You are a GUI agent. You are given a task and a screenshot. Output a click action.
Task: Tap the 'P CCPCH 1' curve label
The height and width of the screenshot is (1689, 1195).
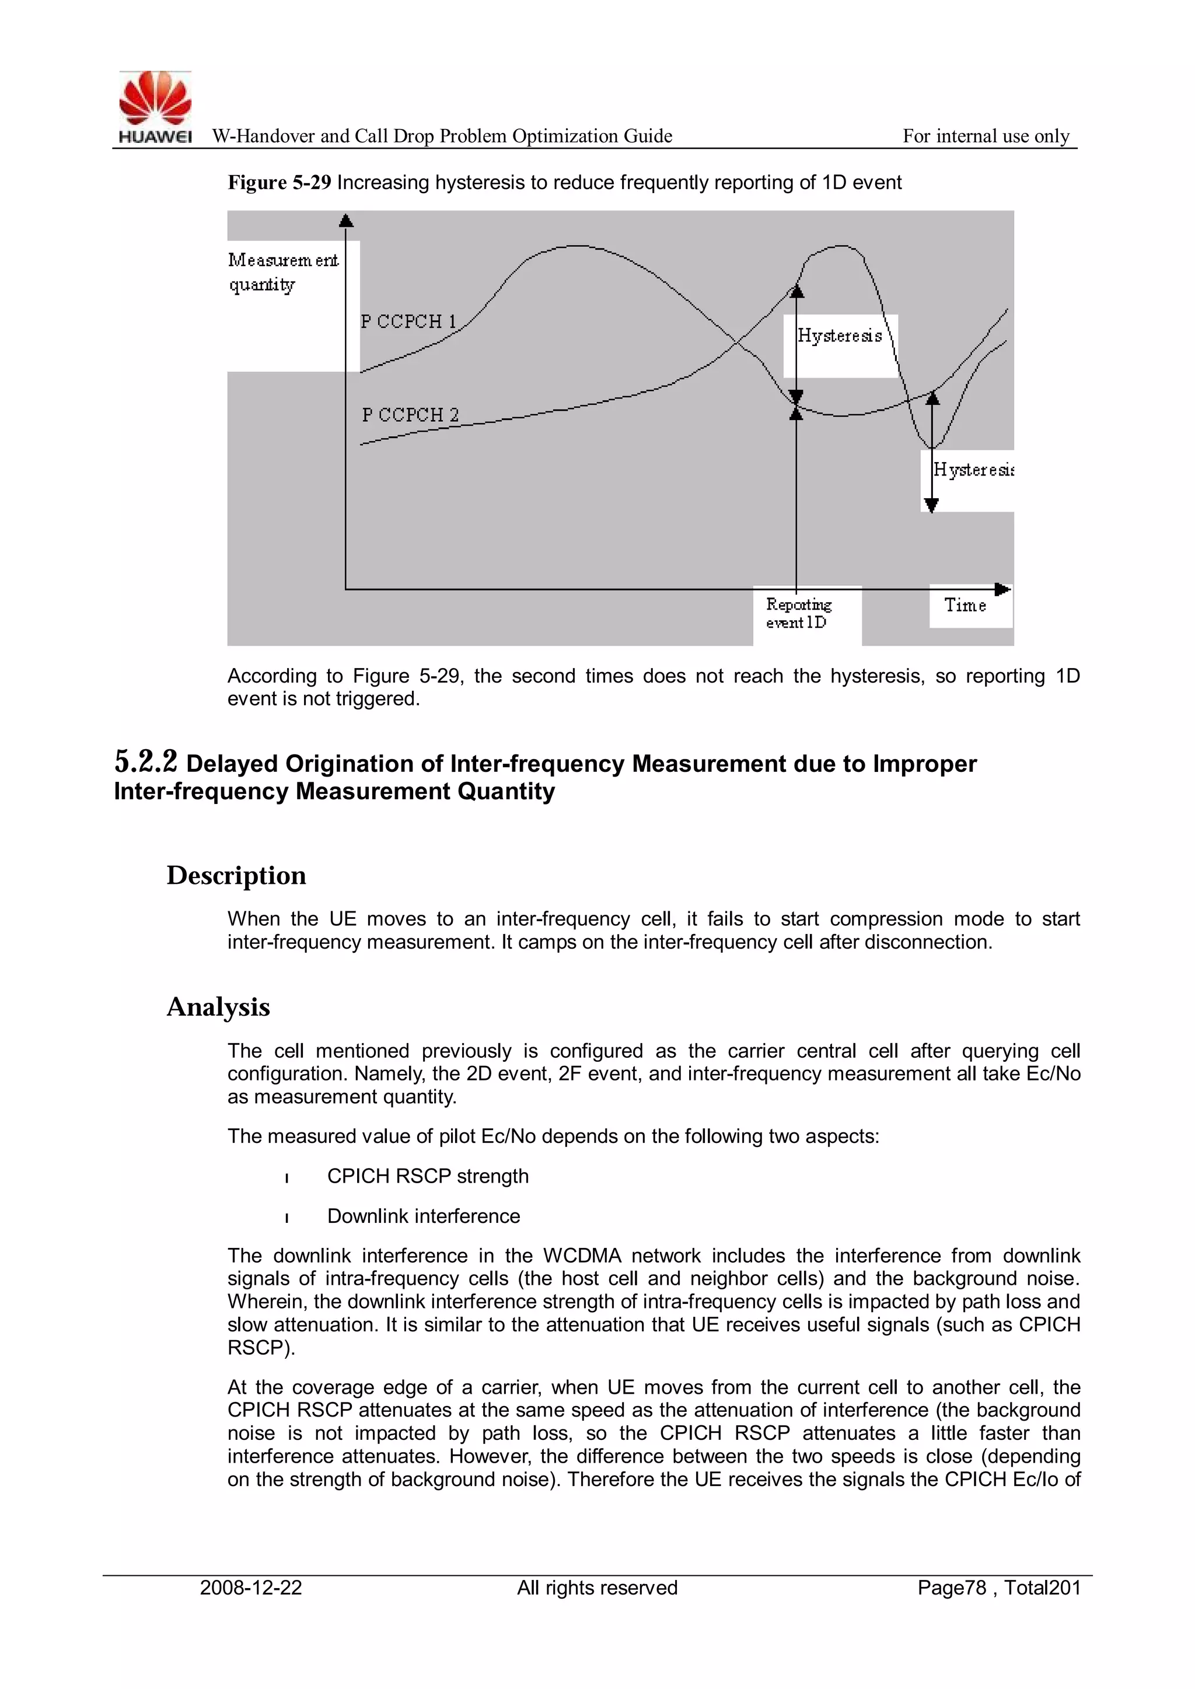click(408, 321)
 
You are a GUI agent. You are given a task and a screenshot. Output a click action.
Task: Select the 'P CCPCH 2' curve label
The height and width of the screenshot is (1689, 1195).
click(410, 415)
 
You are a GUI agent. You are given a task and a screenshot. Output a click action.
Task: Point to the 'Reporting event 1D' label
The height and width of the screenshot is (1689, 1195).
click(798, 613)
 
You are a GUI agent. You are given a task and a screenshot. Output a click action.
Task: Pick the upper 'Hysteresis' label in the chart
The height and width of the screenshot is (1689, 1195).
click(840, 336)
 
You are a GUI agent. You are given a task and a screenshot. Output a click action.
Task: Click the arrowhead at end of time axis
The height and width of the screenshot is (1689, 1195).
click(1002, 589)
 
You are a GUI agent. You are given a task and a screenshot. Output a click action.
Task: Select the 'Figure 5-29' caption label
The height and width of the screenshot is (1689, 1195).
click(279, 183)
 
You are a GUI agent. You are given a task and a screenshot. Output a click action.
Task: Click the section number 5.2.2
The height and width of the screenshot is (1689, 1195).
click(146, 762)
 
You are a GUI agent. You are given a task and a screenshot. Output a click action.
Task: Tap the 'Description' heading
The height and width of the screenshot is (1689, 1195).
click(236, 875)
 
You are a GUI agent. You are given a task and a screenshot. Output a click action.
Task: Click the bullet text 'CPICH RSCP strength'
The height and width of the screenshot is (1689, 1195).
click(428, 1176)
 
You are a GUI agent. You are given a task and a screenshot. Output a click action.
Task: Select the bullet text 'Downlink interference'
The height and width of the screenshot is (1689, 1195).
click(423, 1216)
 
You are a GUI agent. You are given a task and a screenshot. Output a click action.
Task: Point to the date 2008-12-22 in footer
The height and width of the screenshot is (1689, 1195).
click(251, 1587)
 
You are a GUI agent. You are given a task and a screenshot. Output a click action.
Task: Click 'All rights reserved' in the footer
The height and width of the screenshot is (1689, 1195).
click(597, 1587)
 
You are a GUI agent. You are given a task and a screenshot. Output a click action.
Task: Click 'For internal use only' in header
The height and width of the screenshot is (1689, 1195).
click(986, 136)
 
